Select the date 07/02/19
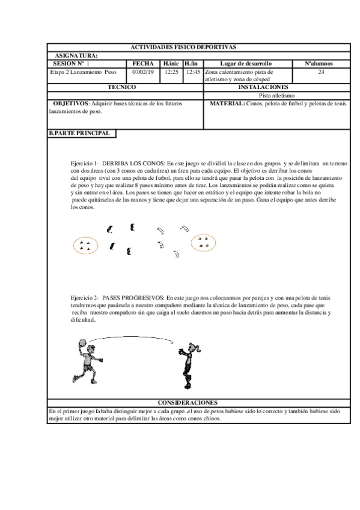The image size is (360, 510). (x=142, y=71)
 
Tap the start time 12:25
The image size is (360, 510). (x=172, y=71)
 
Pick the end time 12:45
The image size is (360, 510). (x=193, y=71)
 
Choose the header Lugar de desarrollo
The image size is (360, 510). (x=245, y=63)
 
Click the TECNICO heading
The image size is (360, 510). (x=126, y=87)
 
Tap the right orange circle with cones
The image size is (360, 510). (x=203, y=242)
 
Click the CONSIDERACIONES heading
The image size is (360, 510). (x=188, y=402)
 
